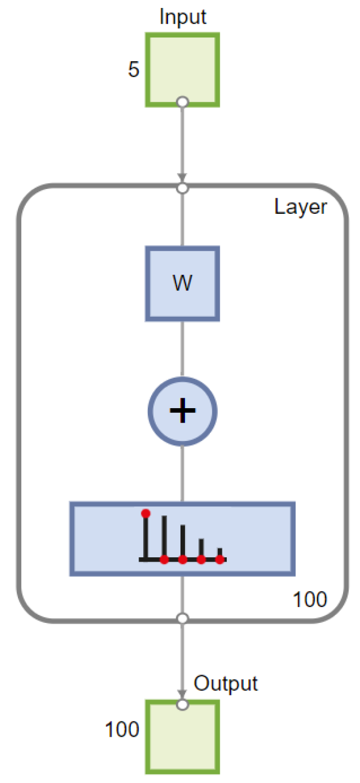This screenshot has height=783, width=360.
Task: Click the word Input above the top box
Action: (182, 17)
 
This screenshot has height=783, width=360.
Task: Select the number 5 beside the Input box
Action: (133, 70)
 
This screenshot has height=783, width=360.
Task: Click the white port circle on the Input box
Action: (182, 102)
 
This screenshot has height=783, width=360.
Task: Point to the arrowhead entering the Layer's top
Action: (182, 178)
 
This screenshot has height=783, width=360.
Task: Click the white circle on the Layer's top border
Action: (182, 188)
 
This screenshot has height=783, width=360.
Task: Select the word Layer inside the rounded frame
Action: (300, 207)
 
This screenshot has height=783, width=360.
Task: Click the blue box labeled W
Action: (182, 284)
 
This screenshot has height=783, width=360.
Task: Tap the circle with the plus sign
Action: (182, 411)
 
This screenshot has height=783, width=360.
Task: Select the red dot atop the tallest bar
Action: (146, 513)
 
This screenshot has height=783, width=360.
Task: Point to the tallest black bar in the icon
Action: (146, 537)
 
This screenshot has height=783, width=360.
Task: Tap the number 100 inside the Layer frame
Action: (310, 600)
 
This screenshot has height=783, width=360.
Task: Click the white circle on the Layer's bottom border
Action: (182, 618)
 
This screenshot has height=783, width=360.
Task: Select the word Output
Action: (226, 684)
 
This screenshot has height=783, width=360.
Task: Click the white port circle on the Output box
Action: (182, 704)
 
